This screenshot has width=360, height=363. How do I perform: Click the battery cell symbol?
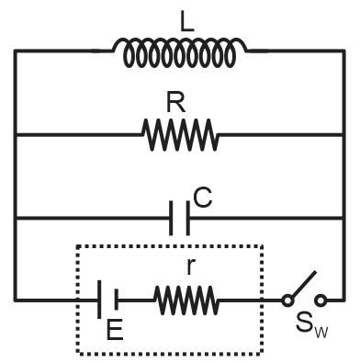tap(107, 300)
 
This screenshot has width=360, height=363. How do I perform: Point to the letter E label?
tap(115, 330)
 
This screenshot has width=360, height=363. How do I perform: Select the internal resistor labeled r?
tap(186, 300)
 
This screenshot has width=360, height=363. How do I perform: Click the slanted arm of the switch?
tap(302, 285)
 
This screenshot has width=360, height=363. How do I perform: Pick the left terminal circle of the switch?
tap(288, 300)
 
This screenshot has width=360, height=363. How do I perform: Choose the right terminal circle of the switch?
tap(321, 300)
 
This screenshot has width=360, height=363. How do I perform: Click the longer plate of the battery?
tap(99, 300)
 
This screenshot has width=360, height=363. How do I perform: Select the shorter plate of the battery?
tap(116, 300)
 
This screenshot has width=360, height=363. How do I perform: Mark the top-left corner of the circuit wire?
tap(16, 51)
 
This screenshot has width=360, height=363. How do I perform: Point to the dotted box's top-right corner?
tap(263, 245)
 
